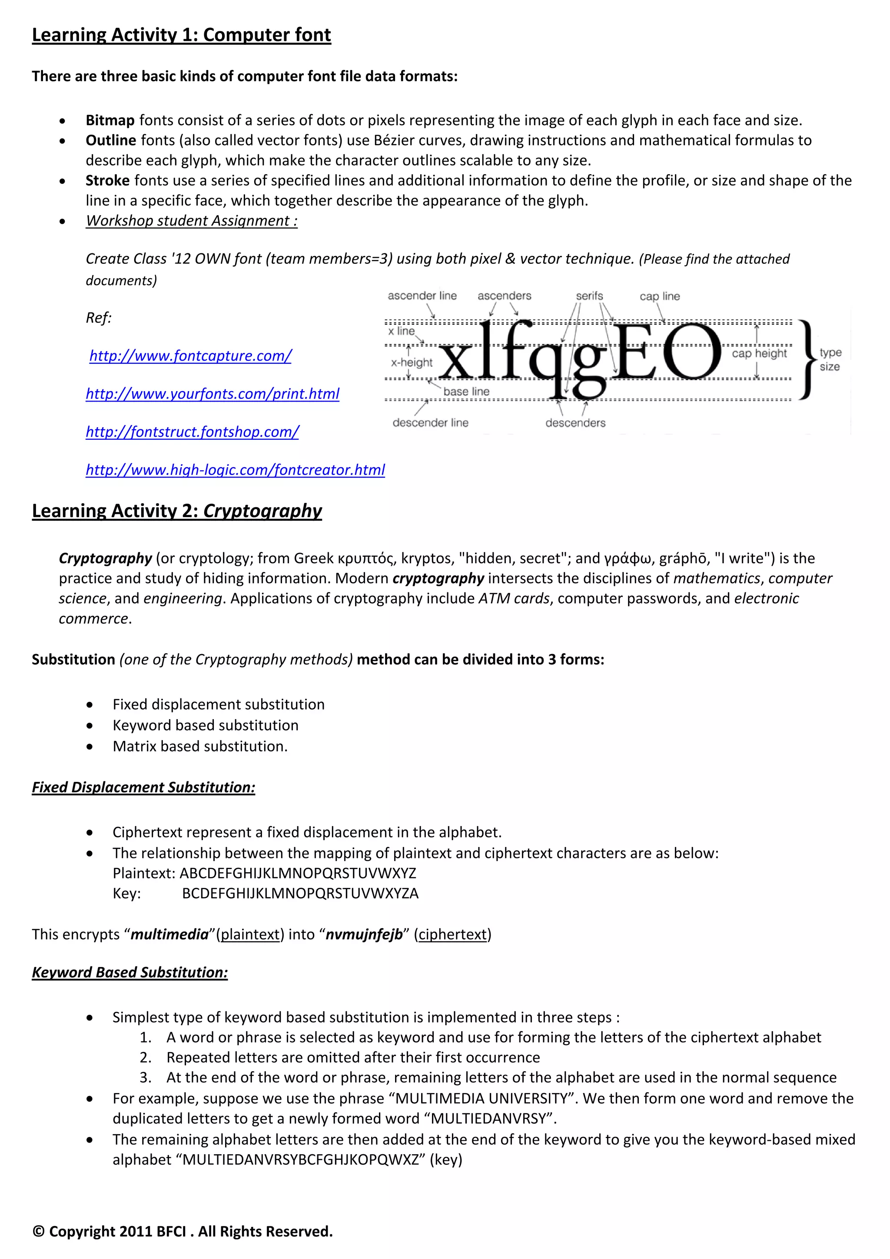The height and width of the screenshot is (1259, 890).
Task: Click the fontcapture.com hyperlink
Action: point(190,356)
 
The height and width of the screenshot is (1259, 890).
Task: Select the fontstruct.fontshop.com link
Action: point(192,432)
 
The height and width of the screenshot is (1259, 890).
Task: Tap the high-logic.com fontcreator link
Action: point(235,470)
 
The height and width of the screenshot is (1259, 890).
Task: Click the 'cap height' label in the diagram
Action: point(759,354)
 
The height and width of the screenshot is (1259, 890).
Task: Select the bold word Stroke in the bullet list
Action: point(107,180)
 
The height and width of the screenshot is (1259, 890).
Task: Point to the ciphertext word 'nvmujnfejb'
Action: point(364,934)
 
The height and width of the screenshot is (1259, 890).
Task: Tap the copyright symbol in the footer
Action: point(38,1232)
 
